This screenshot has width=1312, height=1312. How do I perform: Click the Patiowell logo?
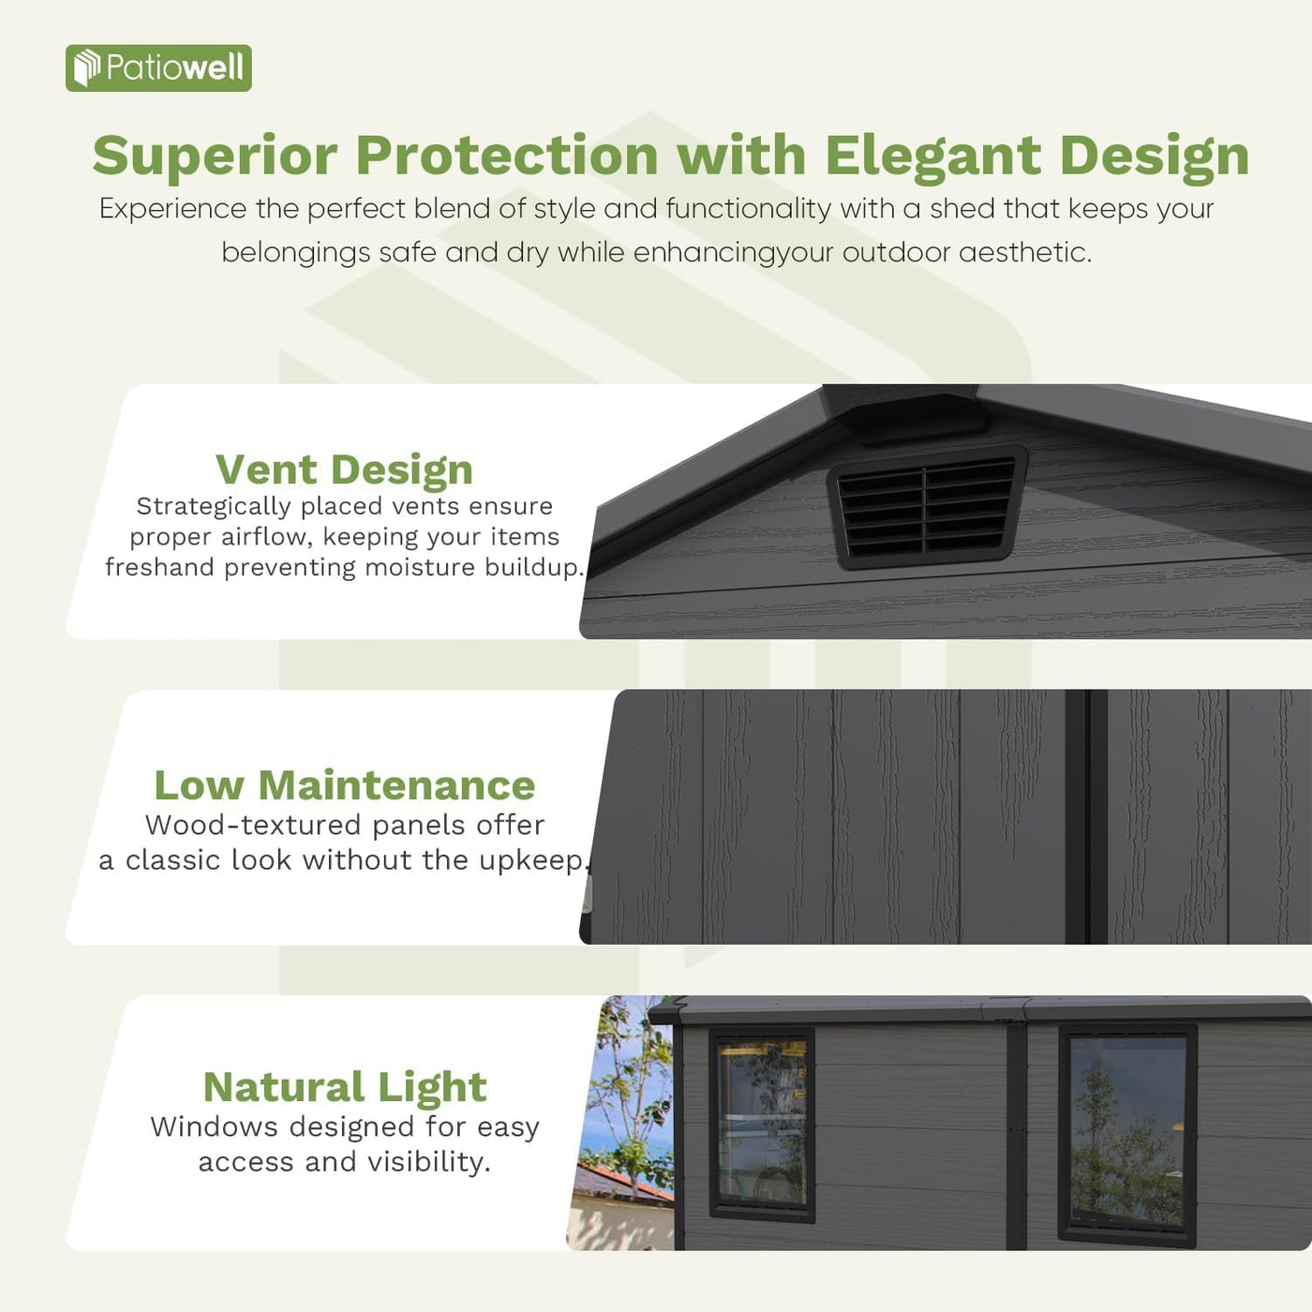point(158,68)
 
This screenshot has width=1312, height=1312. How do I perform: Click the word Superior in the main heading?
point(215,155)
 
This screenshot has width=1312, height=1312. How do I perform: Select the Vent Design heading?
point(344,470)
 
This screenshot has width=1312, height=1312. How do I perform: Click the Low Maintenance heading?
point(344,785)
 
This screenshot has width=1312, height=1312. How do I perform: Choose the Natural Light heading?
point(344,1087)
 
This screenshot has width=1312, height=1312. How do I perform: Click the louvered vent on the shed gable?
point(926,506)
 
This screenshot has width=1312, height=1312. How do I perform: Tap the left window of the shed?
point(761,1123)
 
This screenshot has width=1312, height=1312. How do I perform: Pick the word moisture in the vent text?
point(420,568)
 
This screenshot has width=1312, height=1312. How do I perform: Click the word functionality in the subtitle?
point(749,209)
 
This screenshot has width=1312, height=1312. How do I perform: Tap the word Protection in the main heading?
point(507,155)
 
